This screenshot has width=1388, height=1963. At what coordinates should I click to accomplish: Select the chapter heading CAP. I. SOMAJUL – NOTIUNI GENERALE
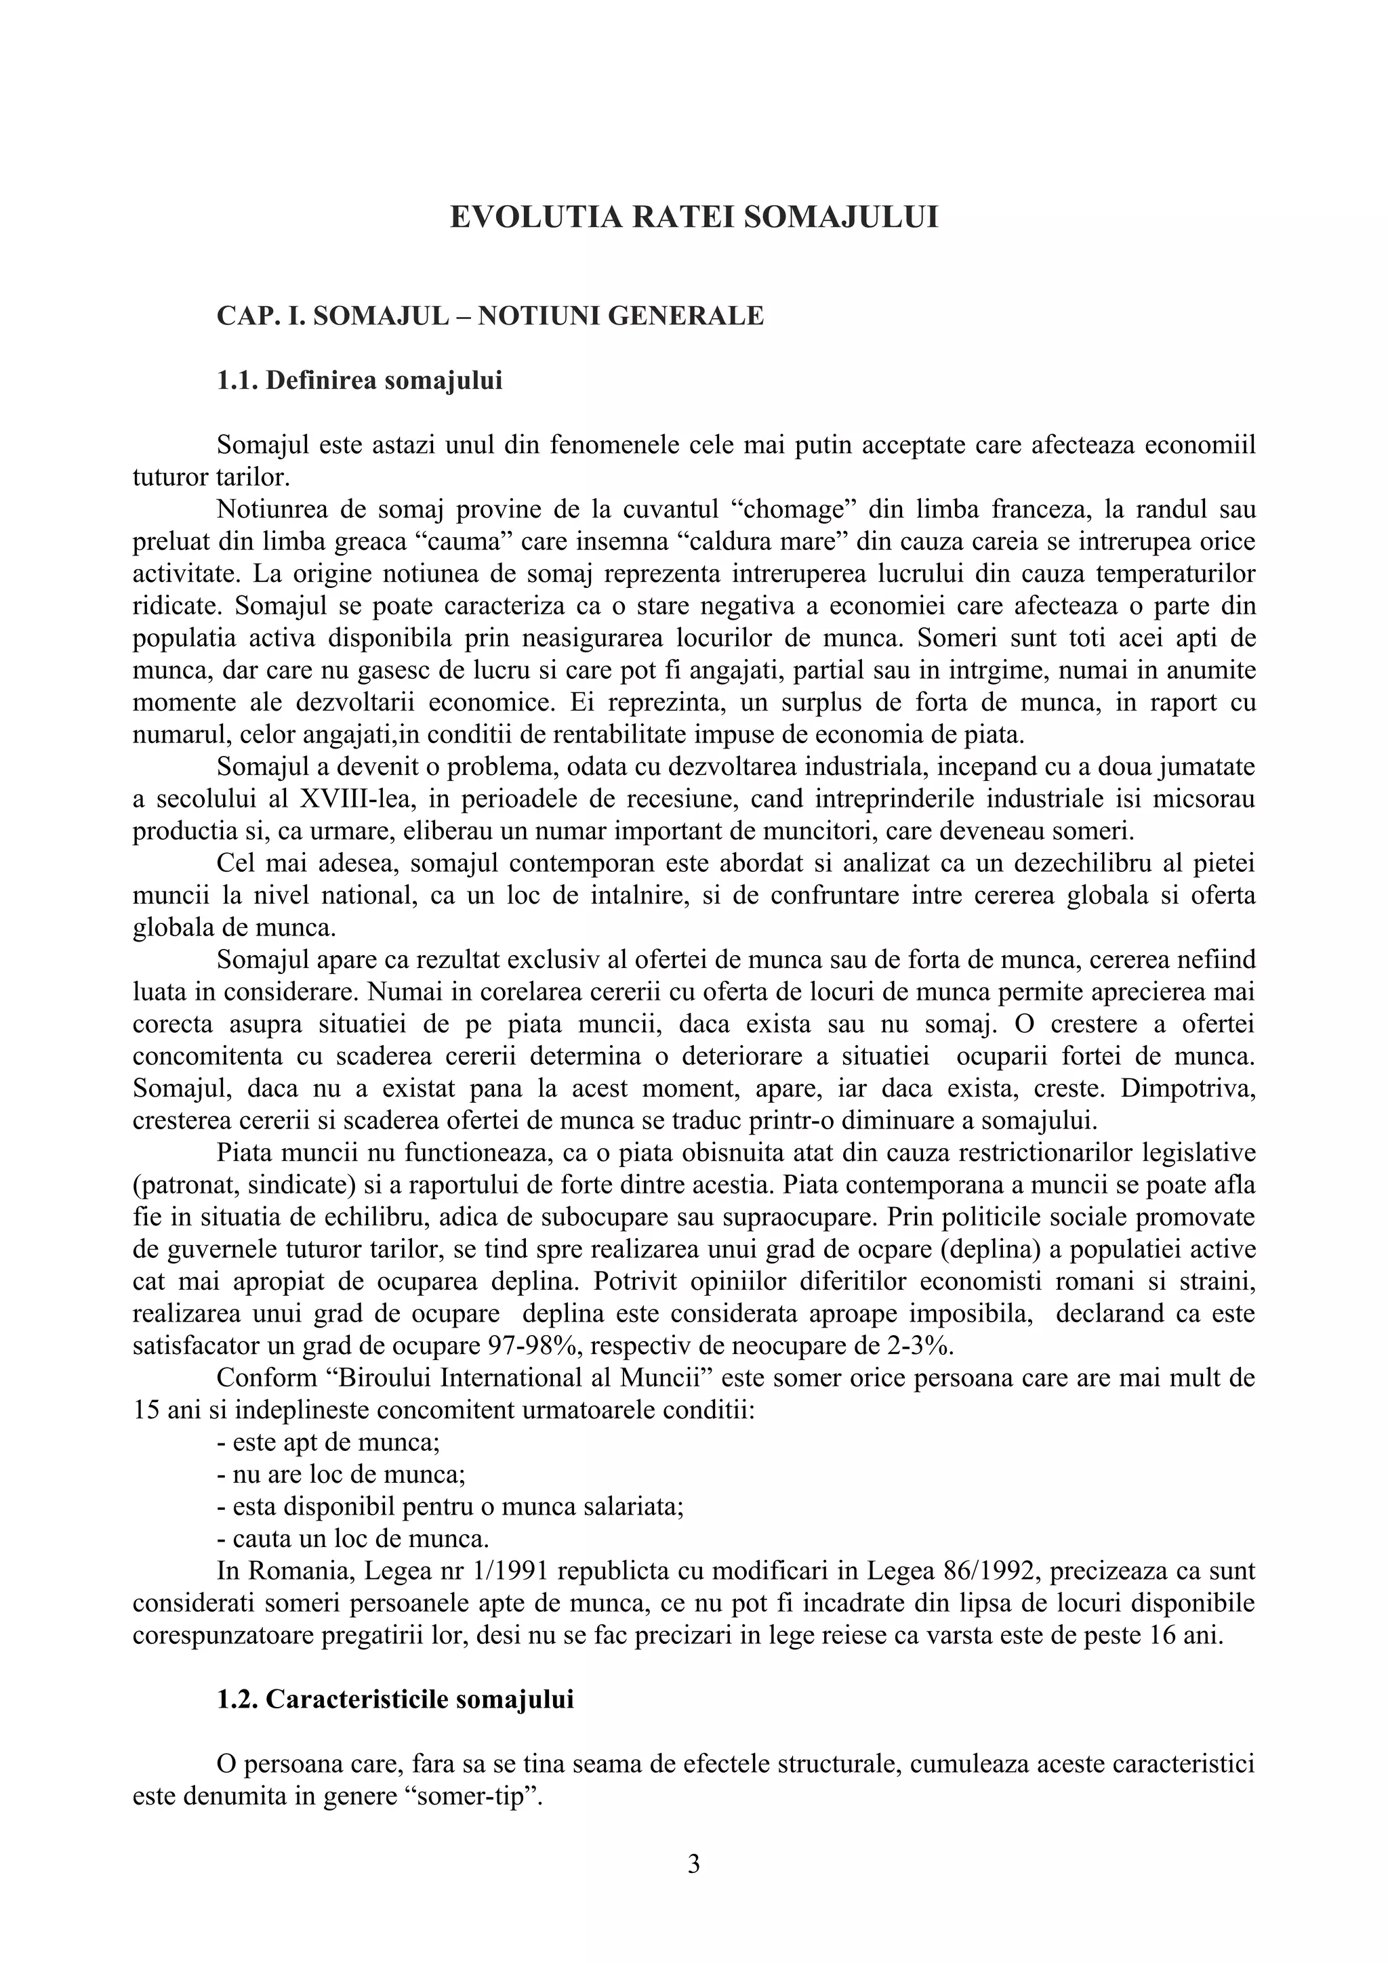(490, 316)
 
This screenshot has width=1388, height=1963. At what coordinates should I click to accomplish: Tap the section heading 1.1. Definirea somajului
(359, 381)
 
